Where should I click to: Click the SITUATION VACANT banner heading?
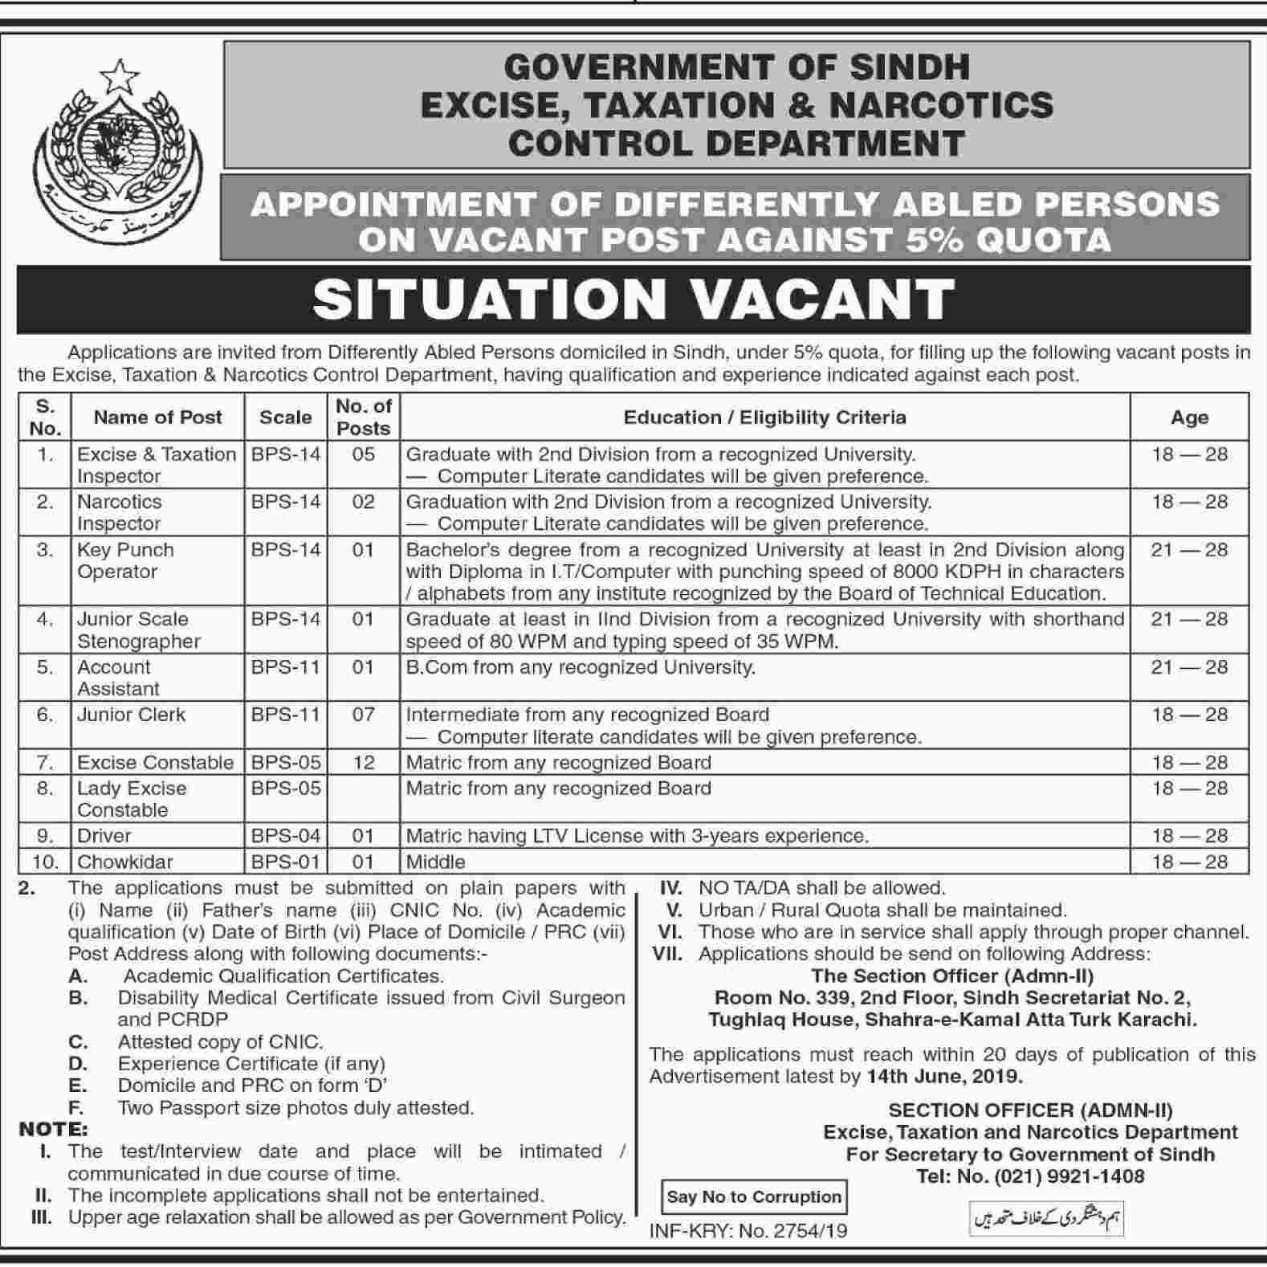tap(633, 299)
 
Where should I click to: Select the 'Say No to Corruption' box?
tap(753, 1197)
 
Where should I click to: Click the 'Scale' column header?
tap(285, 418)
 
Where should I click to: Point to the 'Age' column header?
tap(1189, 418)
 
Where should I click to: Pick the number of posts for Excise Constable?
tap(363, 763)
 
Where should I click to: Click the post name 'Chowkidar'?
tap(125, 862)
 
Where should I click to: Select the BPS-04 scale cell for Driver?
tap(286, 836)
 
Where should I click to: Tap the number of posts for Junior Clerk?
tap(363, 715)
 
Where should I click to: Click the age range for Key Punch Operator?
tap(1189, 550)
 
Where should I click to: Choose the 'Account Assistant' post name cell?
tap(118, 678)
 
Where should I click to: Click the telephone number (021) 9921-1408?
tap(1065, 1177)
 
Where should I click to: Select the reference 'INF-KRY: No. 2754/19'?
tap(748, 1231)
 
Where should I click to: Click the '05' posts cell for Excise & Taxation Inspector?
tap(363, 454)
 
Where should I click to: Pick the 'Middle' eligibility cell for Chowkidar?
tap(436, 862)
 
